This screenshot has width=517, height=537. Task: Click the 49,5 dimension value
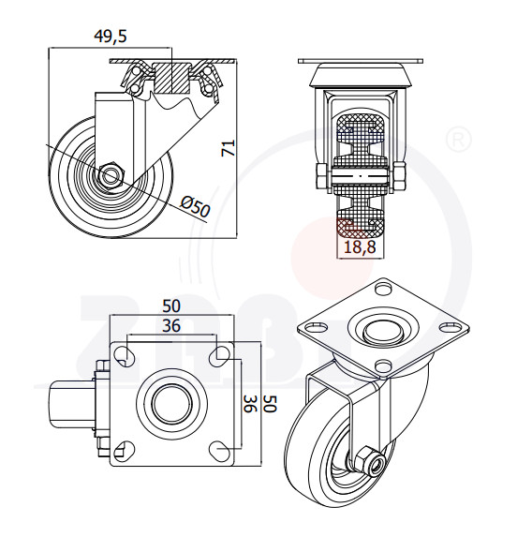111,37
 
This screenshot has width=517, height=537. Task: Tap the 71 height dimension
229,148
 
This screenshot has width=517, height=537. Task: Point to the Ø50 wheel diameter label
195,205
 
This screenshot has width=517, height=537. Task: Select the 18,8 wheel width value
360,246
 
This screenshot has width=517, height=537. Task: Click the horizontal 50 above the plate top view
171,306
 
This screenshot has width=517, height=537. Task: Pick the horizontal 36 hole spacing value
171,326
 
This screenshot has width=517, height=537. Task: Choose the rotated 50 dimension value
270,404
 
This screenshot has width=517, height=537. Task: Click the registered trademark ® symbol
459,140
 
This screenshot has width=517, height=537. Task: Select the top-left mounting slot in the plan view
124,355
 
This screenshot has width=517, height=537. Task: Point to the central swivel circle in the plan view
171,404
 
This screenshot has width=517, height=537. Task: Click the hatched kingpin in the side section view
170,78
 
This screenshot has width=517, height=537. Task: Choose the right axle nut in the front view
398,176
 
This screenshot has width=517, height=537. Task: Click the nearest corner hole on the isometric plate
383,366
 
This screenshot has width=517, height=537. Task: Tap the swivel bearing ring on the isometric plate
383,331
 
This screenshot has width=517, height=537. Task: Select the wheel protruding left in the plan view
72,404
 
